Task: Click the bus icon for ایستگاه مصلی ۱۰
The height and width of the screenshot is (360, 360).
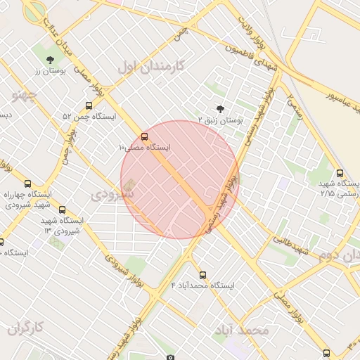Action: [x=145, y=136]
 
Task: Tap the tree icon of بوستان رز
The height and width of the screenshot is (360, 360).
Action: [x=50, y=60]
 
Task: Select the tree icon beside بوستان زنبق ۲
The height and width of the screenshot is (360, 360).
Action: [x=221, y=109]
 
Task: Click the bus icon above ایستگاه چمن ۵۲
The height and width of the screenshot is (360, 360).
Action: [x=89, y=105]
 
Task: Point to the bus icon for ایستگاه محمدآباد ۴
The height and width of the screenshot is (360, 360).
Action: [x=203, y=275]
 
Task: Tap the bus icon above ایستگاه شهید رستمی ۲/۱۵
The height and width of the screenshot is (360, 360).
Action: [x=340, y=173]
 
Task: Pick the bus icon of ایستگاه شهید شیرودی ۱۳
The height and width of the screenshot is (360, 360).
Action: [x=63, y=210]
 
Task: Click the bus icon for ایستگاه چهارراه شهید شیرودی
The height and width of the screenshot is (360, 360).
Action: [x=27, y=184]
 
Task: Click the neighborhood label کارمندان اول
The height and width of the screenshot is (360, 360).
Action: [x=150, y=67]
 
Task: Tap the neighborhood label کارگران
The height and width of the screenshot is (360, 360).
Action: [x=25, y=328]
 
